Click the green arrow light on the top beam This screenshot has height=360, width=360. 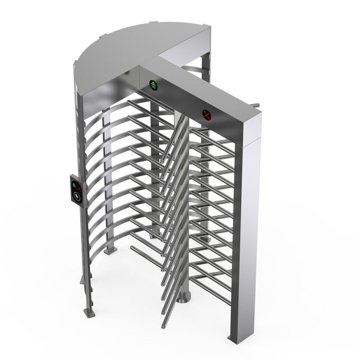coord(166,84)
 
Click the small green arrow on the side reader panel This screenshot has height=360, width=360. coord(74,184)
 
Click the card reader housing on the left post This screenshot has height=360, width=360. coord(77,190)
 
